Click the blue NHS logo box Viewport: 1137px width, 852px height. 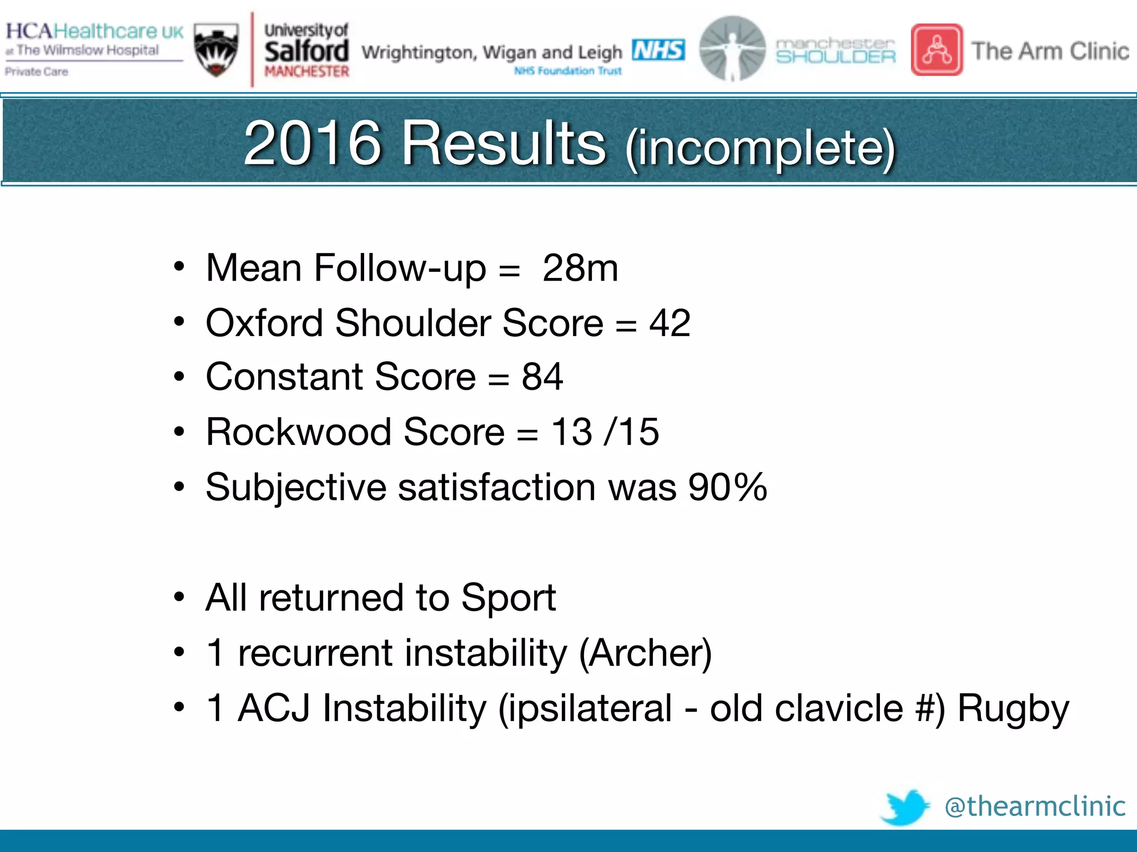(x=658, y=50)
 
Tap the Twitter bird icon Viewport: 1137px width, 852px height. (x=905, y=807)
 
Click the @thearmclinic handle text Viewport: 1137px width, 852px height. (x=1035, y=806)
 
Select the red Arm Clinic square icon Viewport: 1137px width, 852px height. (x=937, y=50)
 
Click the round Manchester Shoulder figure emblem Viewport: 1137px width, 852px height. (x=732, y=49)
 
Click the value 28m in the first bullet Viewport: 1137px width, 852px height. (x=580, y=268)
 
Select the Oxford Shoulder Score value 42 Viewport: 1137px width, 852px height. (x=670, y=323)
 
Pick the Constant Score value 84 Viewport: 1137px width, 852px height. (x=542, y=377)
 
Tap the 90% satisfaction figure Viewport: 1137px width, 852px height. (x=727, y=488)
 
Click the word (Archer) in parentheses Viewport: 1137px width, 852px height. (x=645, y=653)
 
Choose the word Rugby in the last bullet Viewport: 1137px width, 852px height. (x=1013, y=709)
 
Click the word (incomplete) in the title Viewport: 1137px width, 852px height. (x=761, y=148)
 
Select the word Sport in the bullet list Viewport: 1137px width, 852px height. (x=508, y=598)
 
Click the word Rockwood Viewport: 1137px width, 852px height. (x=299, y=432)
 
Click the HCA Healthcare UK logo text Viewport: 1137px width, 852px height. (x=94, y=32)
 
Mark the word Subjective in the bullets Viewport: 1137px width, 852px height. (x=295, y=488)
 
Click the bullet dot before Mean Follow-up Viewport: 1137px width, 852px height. (x=179, y=267)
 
